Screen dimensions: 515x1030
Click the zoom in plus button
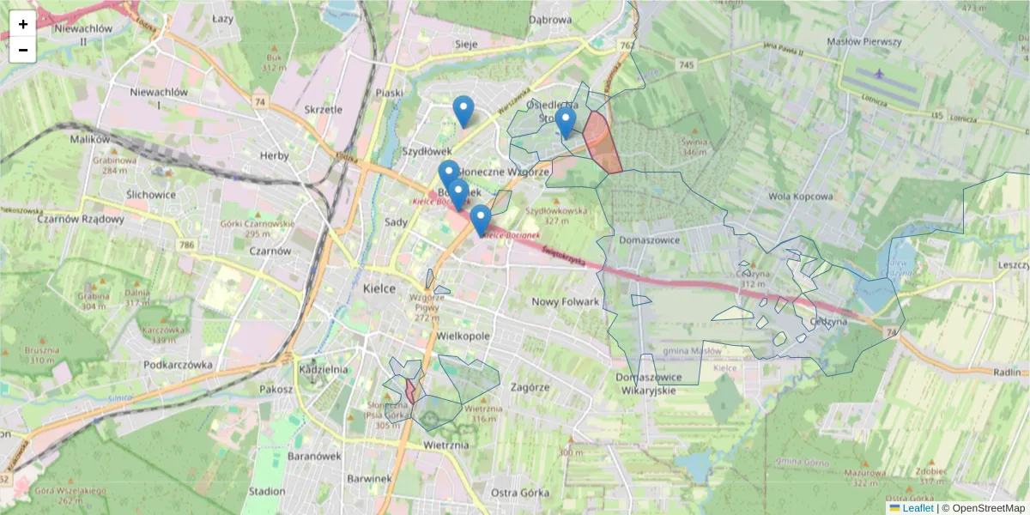point(22,24)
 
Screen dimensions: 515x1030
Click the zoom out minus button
point(22,50)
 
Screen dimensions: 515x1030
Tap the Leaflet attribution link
point(918,508)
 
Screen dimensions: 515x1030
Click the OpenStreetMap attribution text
point(988,508)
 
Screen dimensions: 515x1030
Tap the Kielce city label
point(379,288)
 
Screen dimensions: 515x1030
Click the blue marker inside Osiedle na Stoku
point(565,123)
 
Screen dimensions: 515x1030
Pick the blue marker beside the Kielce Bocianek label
point(481,221)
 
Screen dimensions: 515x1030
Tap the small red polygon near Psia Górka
point(410,391)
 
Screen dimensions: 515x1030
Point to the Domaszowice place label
point(648,240)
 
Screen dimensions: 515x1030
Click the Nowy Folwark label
point(565,301)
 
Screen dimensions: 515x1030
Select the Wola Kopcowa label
point(800,196)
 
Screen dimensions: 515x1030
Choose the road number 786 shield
point(186,246)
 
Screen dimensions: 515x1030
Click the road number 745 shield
point(685,65)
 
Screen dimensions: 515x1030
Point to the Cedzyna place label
point(828,321)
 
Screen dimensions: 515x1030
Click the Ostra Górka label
point(520,492)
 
